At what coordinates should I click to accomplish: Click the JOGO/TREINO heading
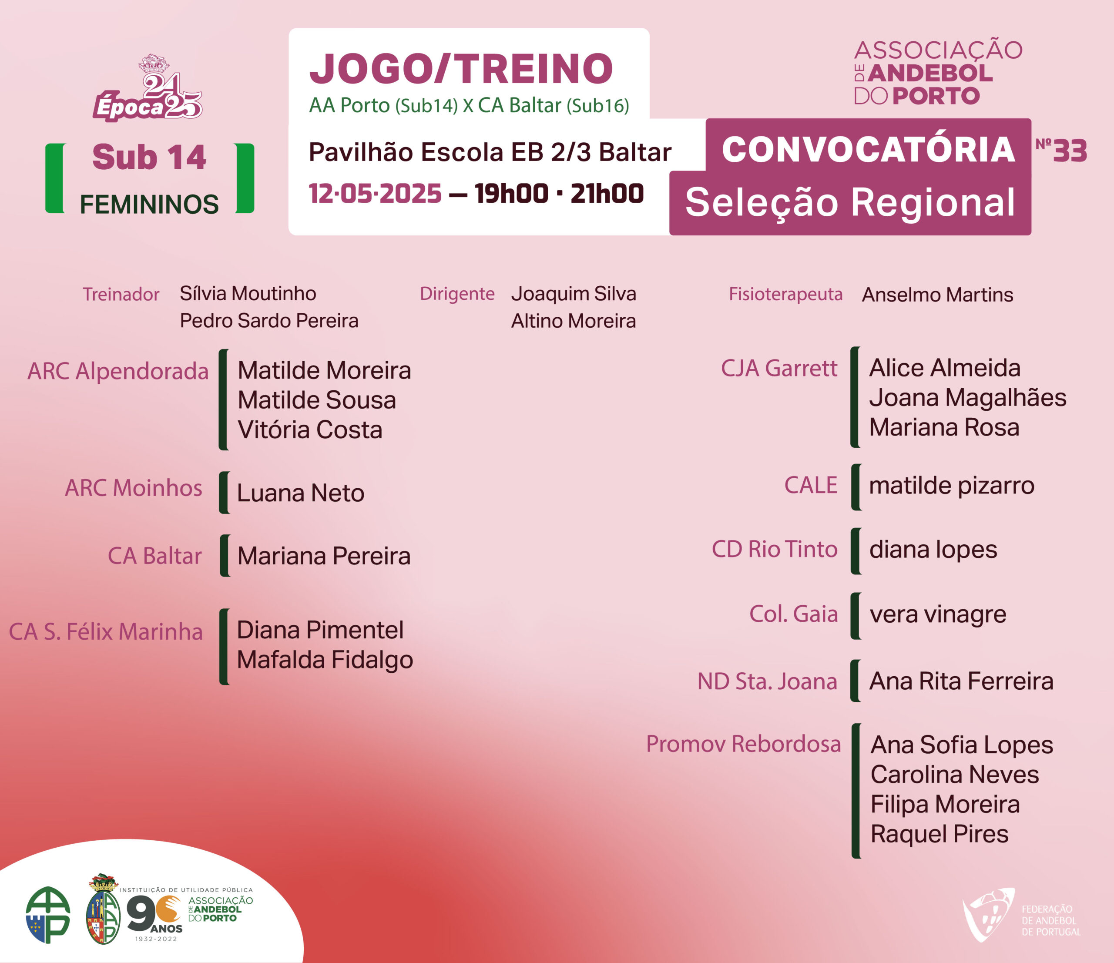pyautogui.click(x=461, y=68)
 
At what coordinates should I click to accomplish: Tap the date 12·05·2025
pyautogui.click(x=375, y=194)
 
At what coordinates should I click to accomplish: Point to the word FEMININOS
pyautogui.click(x=149, y=205)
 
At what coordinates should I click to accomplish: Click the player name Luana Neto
pyautogui.click(x=301, y=493)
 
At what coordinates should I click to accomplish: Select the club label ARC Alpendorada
pyautogui.click(x=118, y=371)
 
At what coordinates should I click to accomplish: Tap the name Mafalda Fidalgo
pyautogui.click(x=325, y=660)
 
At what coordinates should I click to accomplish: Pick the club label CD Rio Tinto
pyautogui.click(x=775, y=549)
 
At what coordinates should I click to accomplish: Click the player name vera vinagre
pyautogui.click(x=938, y=614)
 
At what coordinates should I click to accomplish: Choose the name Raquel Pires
pyautogui.click(x=939, y=834)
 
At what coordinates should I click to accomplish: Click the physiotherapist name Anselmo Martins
pyautogui.click(x=938, y=295)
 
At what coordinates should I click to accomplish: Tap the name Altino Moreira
pyautogui.click(x=574, y=321)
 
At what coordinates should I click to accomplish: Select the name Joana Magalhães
pyautogui.click(x=968, y=398)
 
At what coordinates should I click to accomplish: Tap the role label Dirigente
pyautogui.click(x=457, y=294)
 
